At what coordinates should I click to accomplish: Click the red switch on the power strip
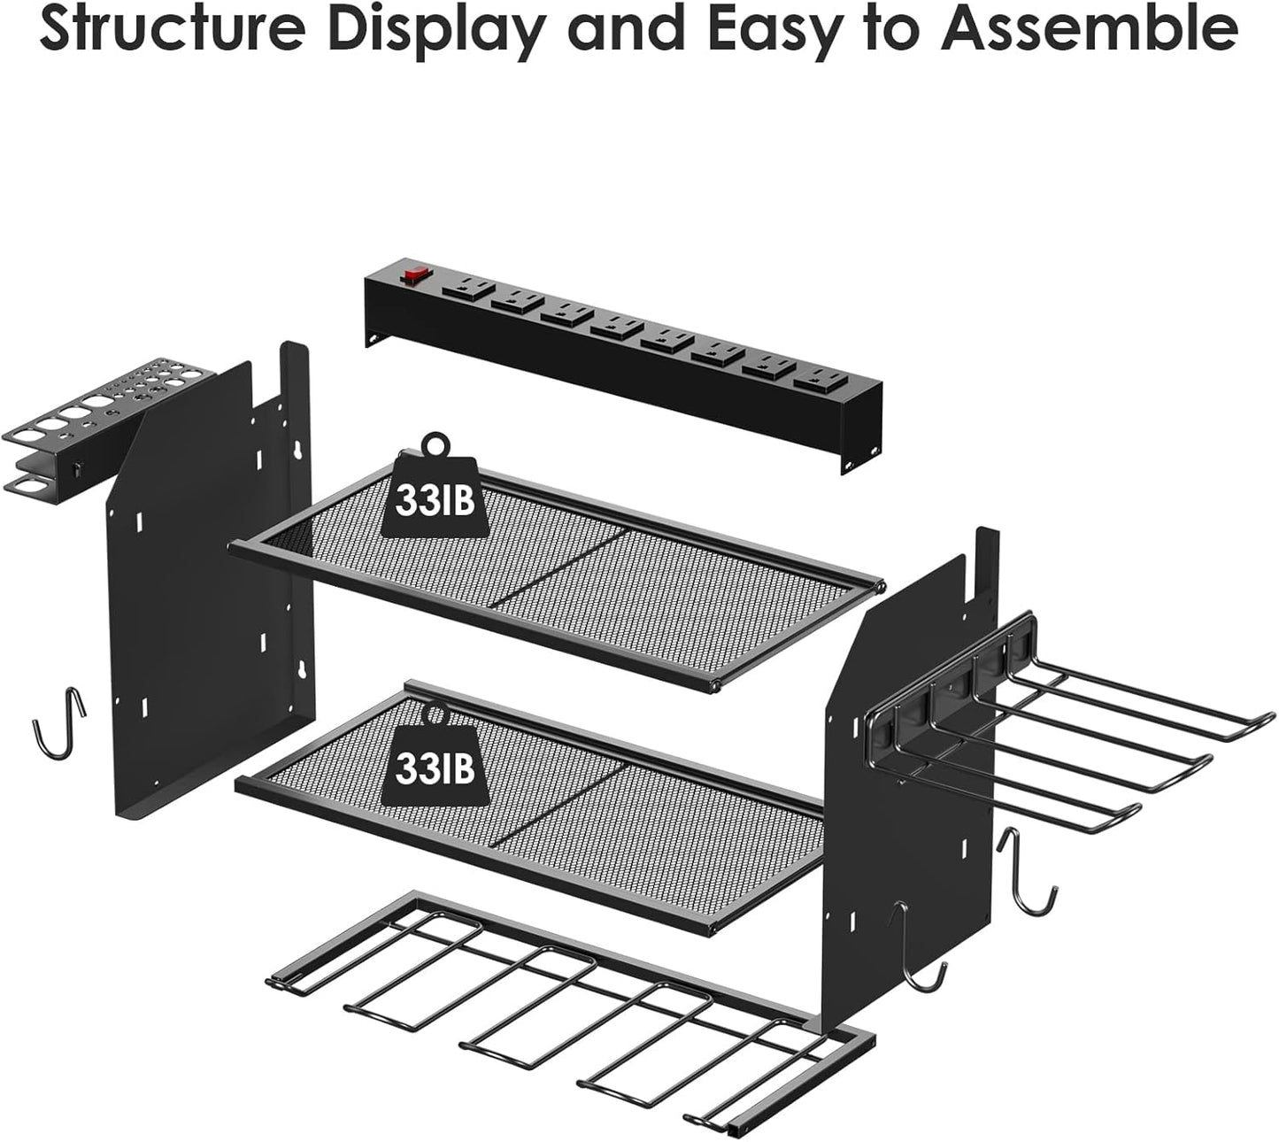[x=410, y=276]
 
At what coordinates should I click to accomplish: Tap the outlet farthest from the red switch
[x=816, y=382]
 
